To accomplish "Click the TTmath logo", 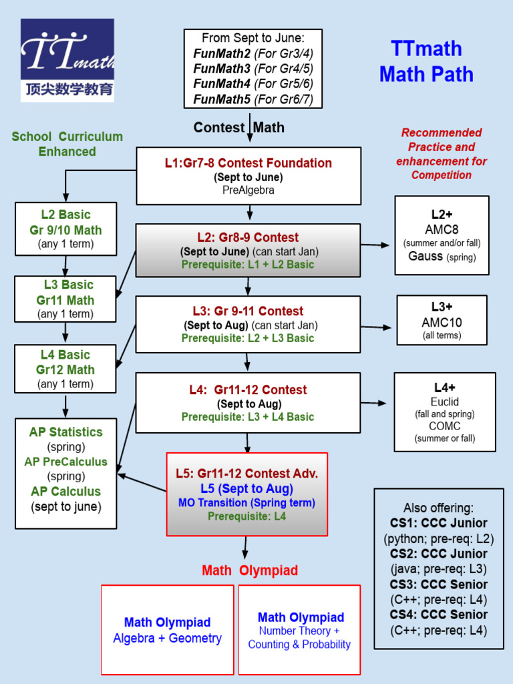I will [67, 60].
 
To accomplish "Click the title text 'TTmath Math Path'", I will [426, 61].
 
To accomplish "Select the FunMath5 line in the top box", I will [253, 100].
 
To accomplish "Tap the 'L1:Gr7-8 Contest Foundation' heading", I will [248, 163].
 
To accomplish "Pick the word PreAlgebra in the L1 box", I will [248, 190].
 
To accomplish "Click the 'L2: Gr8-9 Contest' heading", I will [248, 237].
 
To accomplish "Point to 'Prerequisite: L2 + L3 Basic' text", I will [248, 338].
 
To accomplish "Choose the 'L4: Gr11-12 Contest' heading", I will [248, 389].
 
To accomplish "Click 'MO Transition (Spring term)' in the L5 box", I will [246, 502].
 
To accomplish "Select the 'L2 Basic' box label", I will [65, 214].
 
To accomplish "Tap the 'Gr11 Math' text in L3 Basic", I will [65, 301].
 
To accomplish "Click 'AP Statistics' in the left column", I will [65, 432].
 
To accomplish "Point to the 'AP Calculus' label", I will [65, 492].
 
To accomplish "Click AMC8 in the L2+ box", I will [442, 229].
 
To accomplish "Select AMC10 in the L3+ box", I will [442, 322].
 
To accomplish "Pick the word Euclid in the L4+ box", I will [444, 401].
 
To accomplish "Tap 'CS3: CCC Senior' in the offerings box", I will [439, 584].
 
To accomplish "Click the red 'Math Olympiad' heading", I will [250, 571].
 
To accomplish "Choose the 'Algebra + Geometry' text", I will [167, 639].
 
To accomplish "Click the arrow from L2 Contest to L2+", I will [375, 245].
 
